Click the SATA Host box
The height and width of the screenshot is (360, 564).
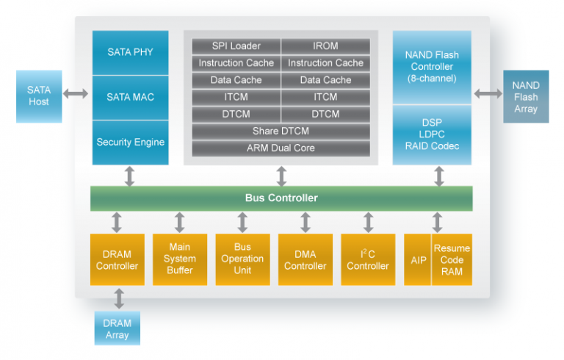[x=39, y=96]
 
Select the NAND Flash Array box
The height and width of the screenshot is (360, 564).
[x=525, y=97]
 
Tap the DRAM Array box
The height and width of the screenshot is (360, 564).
[x=117, y=328]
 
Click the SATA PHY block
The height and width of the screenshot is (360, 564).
[x=130, y=51]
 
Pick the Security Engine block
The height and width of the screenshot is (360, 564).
[x=130, y=142]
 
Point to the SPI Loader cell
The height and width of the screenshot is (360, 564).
[x=236, y=46]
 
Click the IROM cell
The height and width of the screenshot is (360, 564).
[x=325, y=46]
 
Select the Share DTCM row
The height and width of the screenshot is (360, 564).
[x=281, y=131]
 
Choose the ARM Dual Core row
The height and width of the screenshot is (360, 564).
[x=281, y=148]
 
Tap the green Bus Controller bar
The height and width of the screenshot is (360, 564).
[x=281, y=198]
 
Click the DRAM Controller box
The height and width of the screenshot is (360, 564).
[x=117, y=259]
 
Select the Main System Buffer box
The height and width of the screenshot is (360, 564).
[x=180, y=259]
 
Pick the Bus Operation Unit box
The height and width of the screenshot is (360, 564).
[x=242, y=259]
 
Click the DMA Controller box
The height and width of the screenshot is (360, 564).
[x=305, y=259]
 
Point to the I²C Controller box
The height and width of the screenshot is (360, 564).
[x=368, y=259]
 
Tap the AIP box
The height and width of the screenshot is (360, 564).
[x=417, y=259]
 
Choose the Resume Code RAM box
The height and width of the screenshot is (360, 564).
[x=452, y=259]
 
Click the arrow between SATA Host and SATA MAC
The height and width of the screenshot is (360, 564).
[x=75, y=93]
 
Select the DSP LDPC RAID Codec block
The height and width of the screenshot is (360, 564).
[x=432, y=135]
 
